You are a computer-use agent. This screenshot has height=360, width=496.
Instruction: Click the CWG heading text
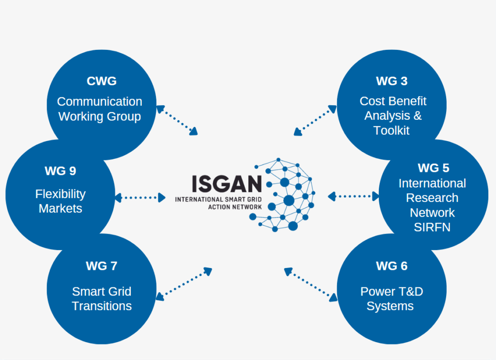coord(102,81)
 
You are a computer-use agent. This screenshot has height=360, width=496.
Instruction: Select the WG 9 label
coord(61,171)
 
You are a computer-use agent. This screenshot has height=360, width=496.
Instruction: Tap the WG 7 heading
coord(102,266)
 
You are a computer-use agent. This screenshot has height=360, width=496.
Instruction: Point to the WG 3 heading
coord(391,81)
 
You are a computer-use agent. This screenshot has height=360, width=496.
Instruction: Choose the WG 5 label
coord(433,168)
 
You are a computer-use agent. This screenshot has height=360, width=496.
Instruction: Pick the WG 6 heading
coord(391,266)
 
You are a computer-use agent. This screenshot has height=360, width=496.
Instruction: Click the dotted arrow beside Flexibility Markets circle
coord(140,197)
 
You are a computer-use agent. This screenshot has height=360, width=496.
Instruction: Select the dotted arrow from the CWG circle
coord(177,120)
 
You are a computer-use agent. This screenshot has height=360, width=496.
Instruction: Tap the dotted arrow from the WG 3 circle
coord(315,120)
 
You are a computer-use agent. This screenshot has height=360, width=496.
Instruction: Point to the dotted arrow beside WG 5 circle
coord(354,196)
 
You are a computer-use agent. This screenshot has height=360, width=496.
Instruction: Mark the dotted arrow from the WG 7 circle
coord(184,283)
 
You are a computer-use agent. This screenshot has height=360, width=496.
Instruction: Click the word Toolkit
coord(391,130)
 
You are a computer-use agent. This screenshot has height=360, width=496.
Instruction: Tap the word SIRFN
coord(432,227)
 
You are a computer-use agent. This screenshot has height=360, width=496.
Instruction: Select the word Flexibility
coord(61,194)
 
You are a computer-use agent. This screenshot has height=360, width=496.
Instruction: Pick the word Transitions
coord(102,306)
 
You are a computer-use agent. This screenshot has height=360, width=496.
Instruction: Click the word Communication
coord(100,101)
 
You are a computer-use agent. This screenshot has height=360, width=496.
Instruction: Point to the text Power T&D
coord(391,292)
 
